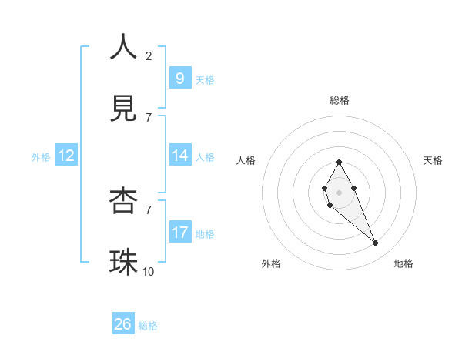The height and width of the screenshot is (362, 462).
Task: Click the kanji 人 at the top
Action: point(124,47)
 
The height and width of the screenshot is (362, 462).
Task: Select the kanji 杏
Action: point(124,201)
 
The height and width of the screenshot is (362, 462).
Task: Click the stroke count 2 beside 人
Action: point(149,55)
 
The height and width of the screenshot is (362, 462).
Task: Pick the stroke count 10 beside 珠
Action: point(149,271)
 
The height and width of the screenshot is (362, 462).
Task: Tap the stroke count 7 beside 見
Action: point(149,117)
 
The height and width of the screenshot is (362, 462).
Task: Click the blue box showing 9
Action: point(179,78)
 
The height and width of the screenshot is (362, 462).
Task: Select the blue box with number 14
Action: point(179,156)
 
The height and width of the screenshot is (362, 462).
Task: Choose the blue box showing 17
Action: point(179,232)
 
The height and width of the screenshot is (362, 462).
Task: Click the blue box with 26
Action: point(123,324)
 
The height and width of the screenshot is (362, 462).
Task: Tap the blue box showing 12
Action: point(66,156)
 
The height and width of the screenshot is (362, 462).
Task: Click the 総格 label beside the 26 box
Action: point(148,326)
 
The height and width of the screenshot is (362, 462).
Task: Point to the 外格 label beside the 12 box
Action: point(41,156)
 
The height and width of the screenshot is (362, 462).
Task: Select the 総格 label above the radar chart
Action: point(339,100)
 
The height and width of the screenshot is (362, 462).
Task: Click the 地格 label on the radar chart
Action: point(403,263)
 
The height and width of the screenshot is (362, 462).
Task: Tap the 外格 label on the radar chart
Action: point(270,263)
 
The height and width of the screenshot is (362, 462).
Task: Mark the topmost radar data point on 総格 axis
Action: point(339,162)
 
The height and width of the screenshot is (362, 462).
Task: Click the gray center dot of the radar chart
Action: point(339,193)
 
